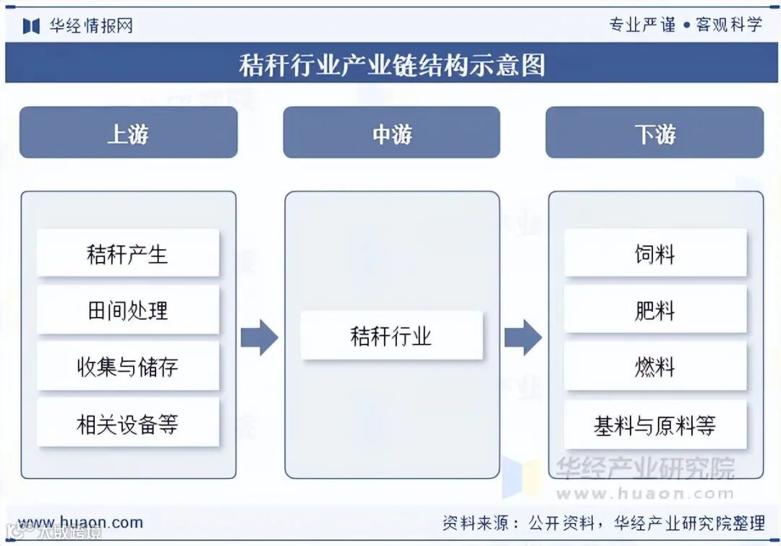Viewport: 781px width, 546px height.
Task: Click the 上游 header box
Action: tap(128, 133)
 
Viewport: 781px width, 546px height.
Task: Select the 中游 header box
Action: tap(391, 133)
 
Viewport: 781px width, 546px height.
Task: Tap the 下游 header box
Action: tap(654, 133)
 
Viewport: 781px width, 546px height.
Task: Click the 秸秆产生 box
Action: tap(128, 253)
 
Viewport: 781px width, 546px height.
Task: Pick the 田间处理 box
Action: tap(128, 310)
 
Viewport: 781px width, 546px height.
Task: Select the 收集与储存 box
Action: tap(128, 366)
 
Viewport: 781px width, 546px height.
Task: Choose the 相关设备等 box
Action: tap(128, 424)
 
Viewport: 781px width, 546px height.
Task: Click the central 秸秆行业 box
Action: tap(391, 335)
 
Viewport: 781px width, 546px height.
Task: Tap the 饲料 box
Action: tap(654, 253)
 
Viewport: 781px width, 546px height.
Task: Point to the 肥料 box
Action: tap(654, 310)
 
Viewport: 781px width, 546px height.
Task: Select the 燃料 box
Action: tap(654, 366)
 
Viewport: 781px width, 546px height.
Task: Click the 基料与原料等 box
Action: tap(654, 425)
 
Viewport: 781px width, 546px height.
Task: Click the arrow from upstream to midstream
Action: tap(259, 337)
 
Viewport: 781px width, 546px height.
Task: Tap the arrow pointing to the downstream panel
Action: tap(523, 337)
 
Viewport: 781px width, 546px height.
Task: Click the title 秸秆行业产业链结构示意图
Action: tap(391, 65)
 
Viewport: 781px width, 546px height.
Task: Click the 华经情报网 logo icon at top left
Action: tap(31, 26)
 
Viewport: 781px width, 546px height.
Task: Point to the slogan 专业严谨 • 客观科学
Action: tap(685, 25)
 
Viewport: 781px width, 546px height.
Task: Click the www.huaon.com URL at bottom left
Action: tap(80, 522)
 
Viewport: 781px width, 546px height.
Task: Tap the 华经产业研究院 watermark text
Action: tap(644, 469)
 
